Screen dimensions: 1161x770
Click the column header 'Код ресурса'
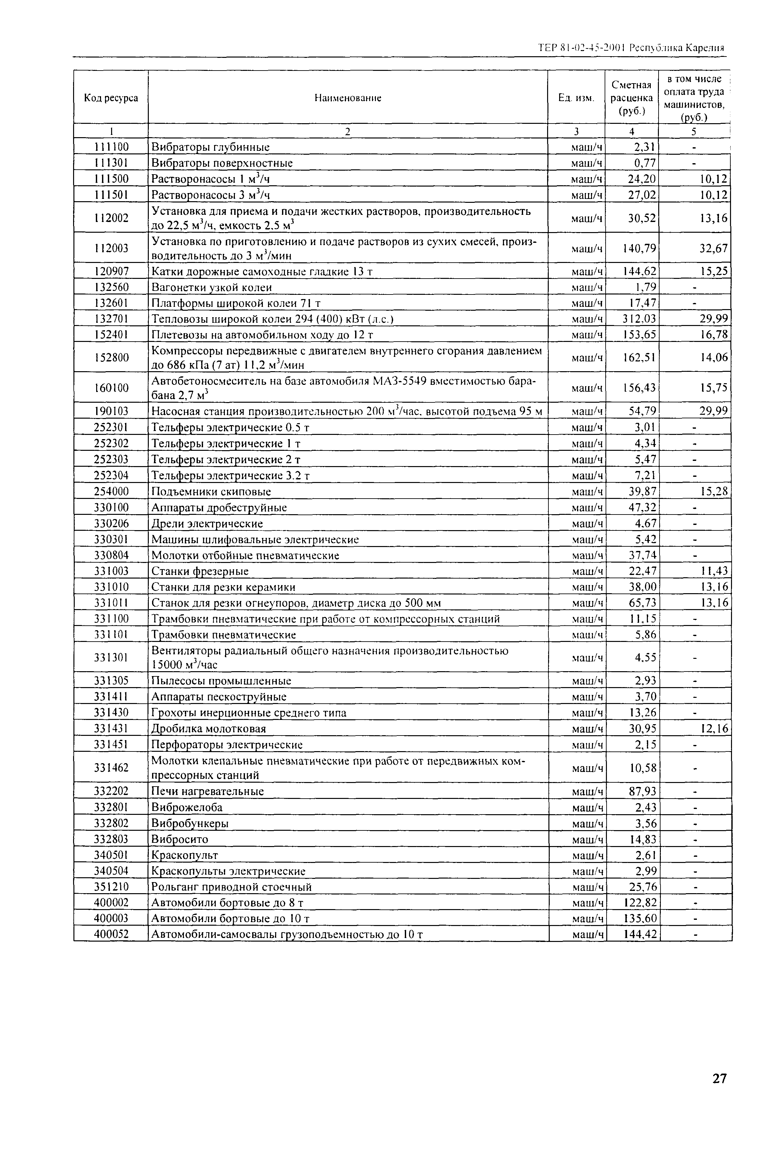coord(111,98)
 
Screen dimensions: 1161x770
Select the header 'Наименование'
coord(348,98)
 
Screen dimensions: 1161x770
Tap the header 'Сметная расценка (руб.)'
coord(632,98)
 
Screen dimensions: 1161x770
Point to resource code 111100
coord(111,146)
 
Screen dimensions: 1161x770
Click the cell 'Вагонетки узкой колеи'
coord(212,287)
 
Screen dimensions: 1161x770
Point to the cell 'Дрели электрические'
coord(207,524)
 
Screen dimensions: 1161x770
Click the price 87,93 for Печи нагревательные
coord(642,791)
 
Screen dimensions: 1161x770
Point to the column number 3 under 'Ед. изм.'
coord(576,131)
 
